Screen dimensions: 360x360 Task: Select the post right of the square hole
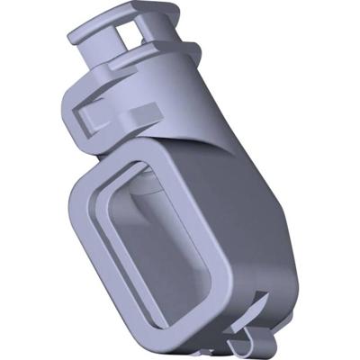pos(148,31)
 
